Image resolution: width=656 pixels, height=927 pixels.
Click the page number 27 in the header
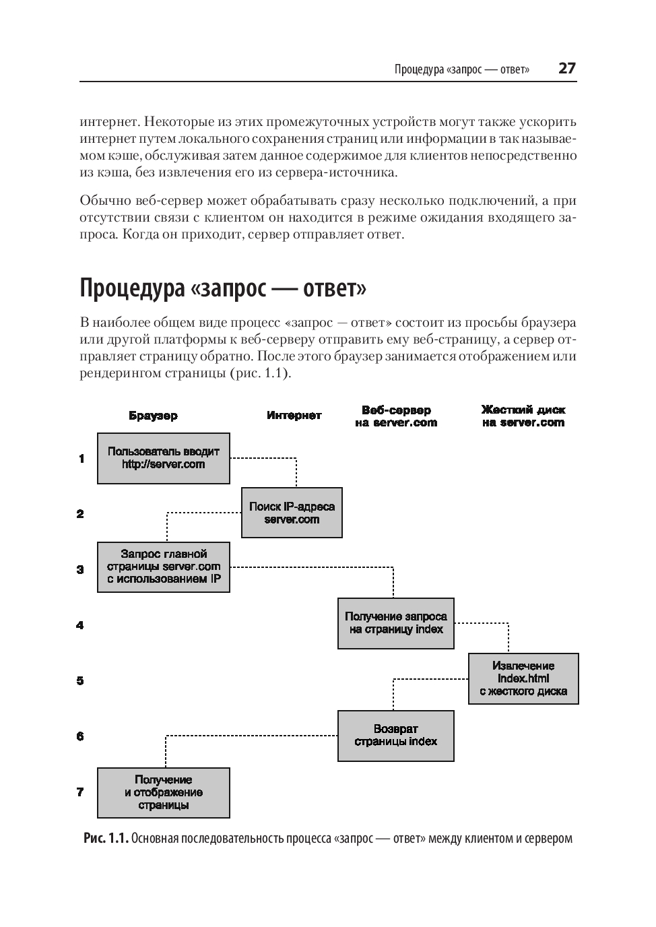tap(567, 69)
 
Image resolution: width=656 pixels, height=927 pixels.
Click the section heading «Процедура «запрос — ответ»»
tap(223, 288)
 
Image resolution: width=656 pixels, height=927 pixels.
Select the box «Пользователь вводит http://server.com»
tap(164, 458)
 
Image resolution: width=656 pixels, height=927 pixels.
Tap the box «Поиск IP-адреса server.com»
tap(292, 513)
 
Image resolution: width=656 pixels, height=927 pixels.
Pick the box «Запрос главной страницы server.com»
tap(164, 567)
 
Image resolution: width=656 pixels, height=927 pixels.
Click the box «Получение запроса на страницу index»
tap(396, 623)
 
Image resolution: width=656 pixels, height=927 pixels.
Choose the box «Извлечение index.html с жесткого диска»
tap(523, 678)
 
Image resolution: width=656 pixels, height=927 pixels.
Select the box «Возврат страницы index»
tap(396, 735)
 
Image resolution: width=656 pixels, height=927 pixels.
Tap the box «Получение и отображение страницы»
tap(164, 792)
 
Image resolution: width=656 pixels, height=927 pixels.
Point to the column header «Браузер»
tap(154, 416)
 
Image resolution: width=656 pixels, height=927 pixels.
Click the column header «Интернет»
tap(294, 416)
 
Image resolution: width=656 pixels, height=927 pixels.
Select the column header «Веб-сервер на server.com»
tap(396, 416)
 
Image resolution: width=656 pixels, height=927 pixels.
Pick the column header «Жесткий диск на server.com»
tap(523, 416)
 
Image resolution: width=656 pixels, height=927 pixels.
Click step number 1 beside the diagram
tap(81, 459)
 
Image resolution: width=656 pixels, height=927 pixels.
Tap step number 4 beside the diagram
tap(80, 625)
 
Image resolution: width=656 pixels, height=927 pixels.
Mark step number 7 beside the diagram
tap(80, 792)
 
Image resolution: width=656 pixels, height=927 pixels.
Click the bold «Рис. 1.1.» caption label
tap(106, 839)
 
